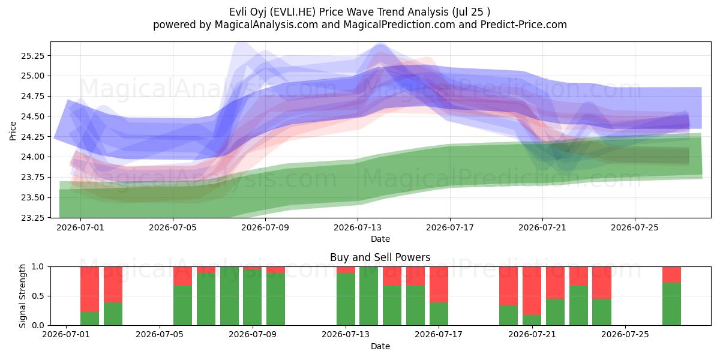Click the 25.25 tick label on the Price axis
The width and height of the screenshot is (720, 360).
tap(32, 56)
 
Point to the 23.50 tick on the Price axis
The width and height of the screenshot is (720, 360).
tap(32, 197)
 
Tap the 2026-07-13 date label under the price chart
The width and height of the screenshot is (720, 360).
tap(358, 227)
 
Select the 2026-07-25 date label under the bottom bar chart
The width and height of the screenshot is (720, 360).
tap(625, 334)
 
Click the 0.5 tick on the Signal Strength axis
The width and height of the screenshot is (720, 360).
tap(38, 296)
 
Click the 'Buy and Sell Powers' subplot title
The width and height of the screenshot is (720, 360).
tap(380, 257)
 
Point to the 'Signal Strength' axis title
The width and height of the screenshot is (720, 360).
tap(22, 296)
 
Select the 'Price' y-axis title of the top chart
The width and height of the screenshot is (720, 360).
tap(13, 131)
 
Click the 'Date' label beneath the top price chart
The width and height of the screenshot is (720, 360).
tap(380, 239)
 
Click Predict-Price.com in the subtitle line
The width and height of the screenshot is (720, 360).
tap(524, 25)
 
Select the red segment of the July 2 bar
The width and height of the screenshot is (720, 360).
tap(89, 289)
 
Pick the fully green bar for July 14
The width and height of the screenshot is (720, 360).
tap(368, 296)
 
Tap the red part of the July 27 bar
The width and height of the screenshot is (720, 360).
tap(671, 275)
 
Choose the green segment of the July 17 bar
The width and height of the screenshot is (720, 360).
tap(439, 314)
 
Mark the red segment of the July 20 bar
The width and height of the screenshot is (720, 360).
tap(509, 286)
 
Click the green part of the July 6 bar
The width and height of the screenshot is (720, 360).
tap(182, 305)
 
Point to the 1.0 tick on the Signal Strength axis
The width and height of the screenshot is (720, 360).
tap(38, 267)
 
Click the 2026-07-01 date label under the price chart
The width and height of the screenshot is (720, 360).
tap(80, 227)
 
